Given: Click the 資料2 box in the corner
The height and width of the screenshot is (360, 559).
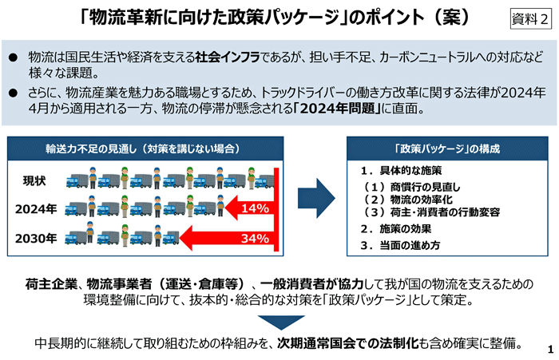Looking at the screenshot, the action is coord(530,18).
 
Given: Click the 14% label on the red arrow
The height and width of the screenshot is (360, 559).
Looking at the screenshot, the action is coord(256,208).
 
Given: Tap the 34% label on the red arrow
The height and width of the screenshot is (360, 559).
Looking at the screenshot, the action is coord(255,238).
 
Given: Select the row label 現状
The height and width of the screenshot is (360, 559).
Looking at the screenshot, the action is coord(34,180).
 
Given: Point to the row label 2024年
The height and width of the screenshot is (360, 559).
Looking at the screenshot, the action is coord(36,209).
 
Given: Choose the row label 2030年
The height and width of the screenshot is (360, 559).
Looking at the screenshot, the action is coord(36,238).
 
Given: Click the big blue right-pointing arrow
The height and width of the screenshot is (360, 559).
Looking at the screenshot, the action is coord(316,198).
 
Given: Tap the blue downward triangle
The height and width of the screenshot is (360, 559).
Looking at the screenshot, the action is coord(281,322).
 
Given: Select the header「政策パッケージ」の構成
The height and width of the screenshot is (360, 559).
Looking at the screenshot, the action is coord(447,148).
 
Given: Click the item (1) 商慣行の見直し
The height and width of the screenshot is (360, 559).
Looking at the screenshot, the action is coord(412,187).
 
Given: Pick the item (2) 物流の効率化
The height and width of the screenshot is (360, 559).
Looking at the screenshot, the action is coord(408,200).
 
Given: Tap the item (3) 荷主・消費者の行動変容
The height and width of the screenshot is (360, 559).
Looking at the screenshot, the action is coord(431,212).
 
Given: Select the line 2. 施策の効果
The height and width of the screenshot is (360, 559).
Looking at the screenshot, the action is coord(396,228).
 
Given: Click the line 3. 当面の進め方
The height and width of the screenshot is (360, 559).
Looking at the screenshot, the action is coord(400,245).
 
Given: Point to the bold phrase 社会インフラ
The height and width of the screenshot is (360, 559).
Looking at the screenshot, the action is coord(228,57).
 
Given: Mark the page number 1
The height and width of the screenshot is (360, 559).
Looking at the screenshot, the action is coord(550,349).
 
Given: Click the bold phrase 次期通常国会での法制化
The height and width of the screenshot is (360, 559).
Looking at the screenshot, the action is coord(348,343).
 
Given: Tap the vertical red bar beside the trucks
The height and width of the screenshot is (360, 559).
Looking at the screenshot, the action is coord(276,210).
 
